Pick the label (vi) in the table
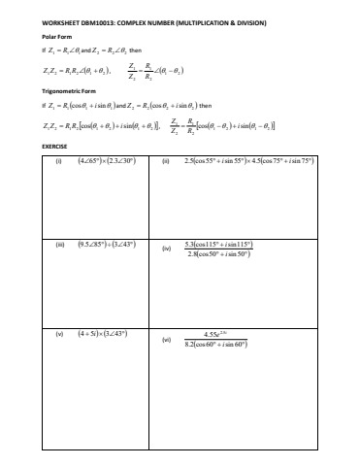click(x=167, y=339)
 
